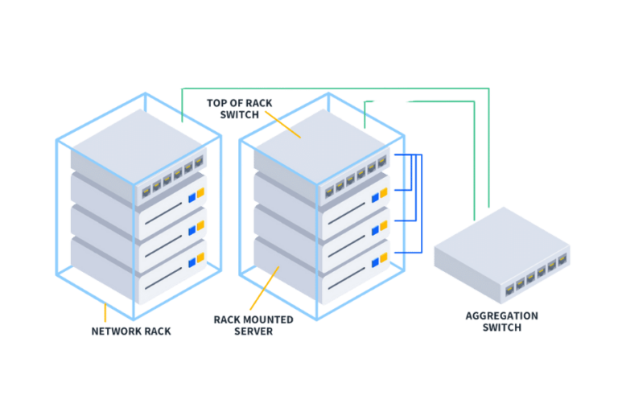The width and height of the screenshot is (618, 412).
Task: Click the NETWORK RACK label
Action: [131, 331]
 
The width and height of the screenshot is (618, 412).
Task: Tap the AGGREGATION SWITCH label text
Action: [501, 321]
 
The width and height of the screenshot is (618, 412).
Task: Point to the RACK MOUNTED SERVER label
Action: [253, 325]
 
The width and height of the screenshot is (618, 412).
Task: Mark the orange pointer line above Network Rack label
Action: [105, 314]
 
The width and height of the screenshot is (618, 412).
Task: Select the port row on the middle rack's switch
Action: [355, 182]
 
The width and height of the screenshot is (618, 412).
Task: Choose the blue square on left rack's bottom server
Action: [192, 262]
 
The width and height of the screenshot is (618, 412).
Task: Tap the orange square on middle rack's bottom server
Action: [383, 257]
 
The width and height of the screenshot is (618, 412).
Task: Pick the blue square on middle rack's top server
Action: [374, 198]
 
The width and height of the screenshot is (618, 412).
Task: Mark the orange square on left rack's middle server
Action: [200, 227]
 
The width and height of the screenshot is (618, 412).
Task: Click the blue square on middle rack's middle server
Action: [374, 230]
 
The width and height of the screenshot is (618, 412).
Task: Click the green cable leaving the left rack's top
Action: [182, 105]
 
